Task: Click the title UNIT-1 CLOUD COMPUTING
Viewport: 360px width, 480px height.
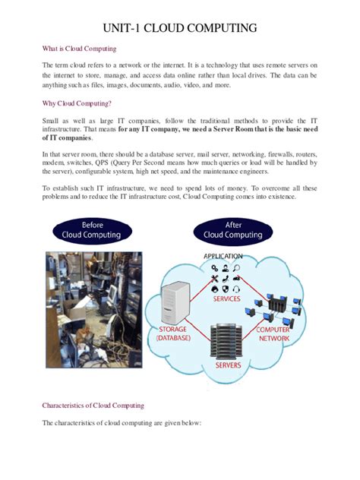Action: [x=180, y=29]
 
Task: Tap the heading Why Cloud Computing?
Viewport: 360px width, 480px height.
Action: [x=77, y=103]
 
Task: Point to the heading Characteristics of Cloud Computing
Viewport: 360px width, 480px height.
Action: [x=93, y=405]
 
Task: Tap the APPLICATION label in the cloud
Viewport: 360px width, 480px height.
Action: [x=223, y=257]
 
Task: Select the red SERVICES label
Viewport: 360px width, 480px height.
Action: [x=226, y=298]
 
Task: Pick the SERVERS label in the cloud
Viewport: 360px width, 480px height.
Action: [x=229, y=365]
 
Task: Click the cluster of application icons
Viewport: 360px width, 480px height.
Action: [x=226, y=277]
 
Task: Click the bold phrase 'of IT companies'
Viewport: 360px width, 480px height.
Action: [x=67, y=138]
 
